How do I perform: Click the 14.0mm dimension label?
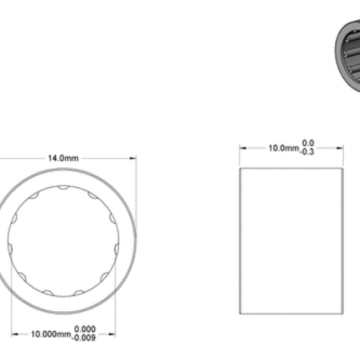[63, 158]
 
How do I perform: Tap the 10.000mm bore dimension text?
[50, 334]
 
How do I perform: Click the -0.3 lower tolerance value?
[308, 152]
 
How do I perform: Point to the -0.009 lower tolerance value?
[84, 338]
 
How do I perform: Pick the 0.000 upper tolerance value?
[84, 329]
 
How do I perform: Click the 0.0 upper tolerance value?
[308, 143]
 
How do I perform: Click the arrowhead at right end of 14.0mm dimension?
[134, 158]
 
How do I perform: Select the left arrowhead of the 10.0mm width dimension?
[242, 148]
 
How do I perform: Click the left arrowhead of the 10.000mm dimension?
[14, 334]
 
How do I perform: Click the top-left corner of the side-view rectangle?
[240, 169]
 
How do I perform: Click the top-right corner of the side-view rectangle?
[343, 169]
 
